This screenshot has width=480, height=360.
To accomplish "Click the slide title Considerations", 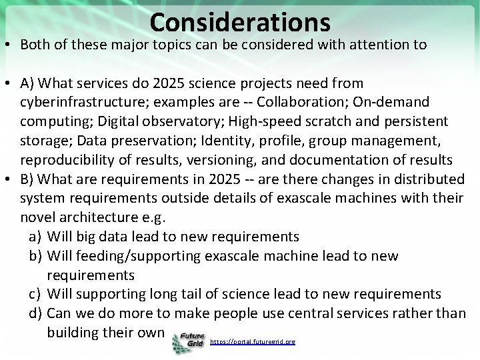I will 240,22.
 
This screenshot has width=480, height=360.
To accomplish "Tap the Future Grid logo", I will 188,342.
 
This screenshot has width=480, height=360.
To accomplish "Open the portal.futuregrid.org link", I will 252,341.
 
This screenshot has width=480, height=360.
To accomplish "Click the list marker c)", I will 37,294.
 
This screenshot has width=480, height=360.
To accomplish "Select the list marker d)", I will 37,313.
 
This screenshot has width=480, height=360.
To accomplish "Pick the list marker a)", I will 37,237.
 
